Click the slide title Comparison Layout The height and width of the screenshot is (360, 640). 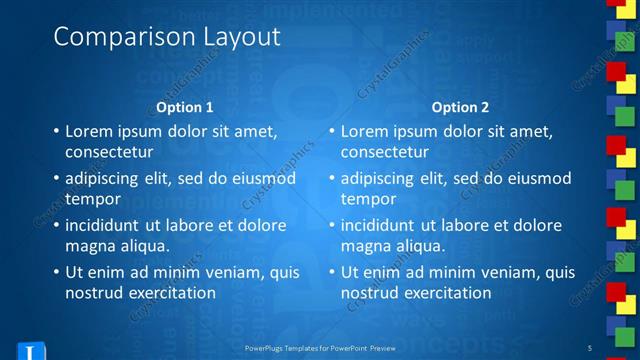point(166,37)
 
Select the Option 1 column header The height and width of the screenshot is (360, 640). point(185,107)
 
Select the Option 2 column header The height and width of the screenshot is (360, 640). point(460,107)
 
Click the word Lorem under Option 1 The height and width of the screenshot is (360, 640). point(88,131)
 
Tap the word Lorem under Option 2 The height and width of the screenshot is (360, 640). point(364,131)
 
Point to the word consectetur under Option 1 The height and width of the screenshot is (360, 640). point(109,152)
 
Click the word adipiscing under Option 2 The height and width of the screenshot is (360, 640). point(377,178)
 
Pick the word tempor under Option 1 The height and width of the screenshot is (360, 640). point(91,199)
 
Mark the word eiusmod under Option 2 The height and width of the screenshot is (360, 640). point(540,178)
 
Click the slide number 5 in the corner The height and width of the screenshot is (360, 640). point(617,348)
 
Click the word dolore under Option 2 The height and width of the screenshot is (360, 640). point(537,225)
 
